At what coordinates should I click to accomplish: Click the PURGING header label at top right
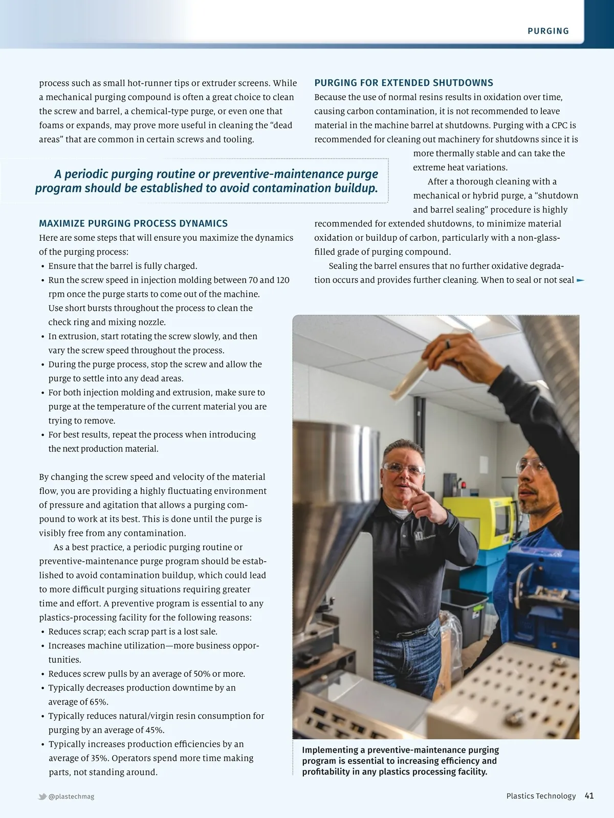pos(548,31)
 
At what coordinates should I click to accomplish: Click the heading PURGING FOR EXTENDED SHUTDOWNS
pos(404,83)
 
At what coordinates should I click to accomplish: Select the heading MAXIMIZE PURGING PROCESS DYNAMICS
pos(133,223)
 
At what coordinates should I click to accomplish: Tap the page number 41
pos(589,796)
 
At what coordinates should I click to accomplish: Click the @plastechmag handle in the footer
pos(71,797)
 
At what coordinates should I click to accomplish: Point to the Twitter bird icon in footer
pos(42,797)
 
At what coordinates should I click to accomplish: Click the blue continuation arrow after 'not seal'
pos(580,280)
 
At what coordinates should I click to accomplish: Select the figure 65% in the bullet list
pos(99,702)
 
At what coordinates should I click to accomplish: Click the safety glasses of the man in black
pos(403,469)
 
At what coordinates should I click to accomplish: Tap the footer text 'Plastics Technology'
pos(541,796)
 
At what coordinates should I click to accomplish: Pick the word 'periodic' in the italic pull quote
pos(91,174)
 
